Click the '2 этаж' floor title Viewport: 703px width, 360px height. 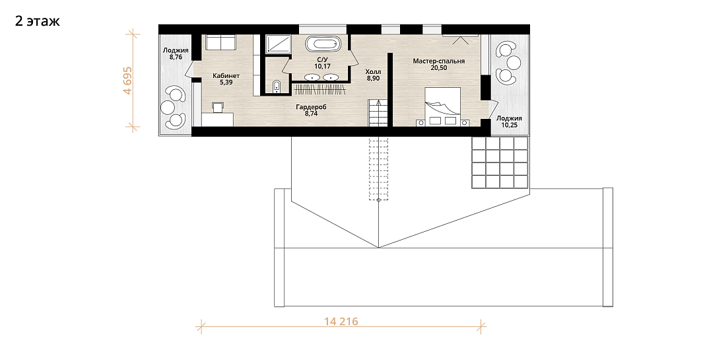coord(37,21)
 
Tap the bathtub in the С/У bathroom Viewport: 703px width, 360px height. coord(323,46)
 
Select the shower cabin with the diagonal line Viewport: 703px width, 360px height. coord(277,44)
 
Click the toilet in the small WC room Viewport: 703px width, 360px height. coord(276,87)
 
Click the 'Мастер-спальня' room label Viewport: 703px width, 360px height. coord(438,61)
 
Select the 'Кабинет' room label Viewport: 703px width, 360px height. coord(226,76)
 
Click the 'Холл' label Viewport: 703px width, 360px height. coord(373,72)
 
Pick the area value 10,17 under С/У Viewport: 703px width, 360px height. coord(322,67)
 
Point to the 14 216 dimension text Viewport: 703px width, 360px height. coord(341,322)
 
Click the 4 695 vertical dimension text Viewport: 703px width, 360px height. coord(128,81)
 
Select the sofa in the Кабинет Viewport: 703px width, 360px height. coord(220,43)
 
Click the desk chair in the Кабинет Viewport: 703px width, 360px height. coord(218,107)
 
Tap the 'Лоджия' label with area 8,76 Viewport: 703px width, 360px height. coord(176,51)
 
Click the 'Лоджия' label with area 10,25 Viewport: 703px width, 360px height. coord(509,118)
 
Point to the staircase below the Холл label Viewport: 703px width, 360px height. coord(378,113)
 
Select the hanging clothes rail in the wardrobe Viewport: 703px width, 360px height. coord(321,89)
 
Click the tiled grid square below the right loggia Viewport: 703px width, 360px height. coord(500,162)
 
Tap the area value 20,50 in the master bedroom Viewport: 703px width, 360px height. coord(438,67)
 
